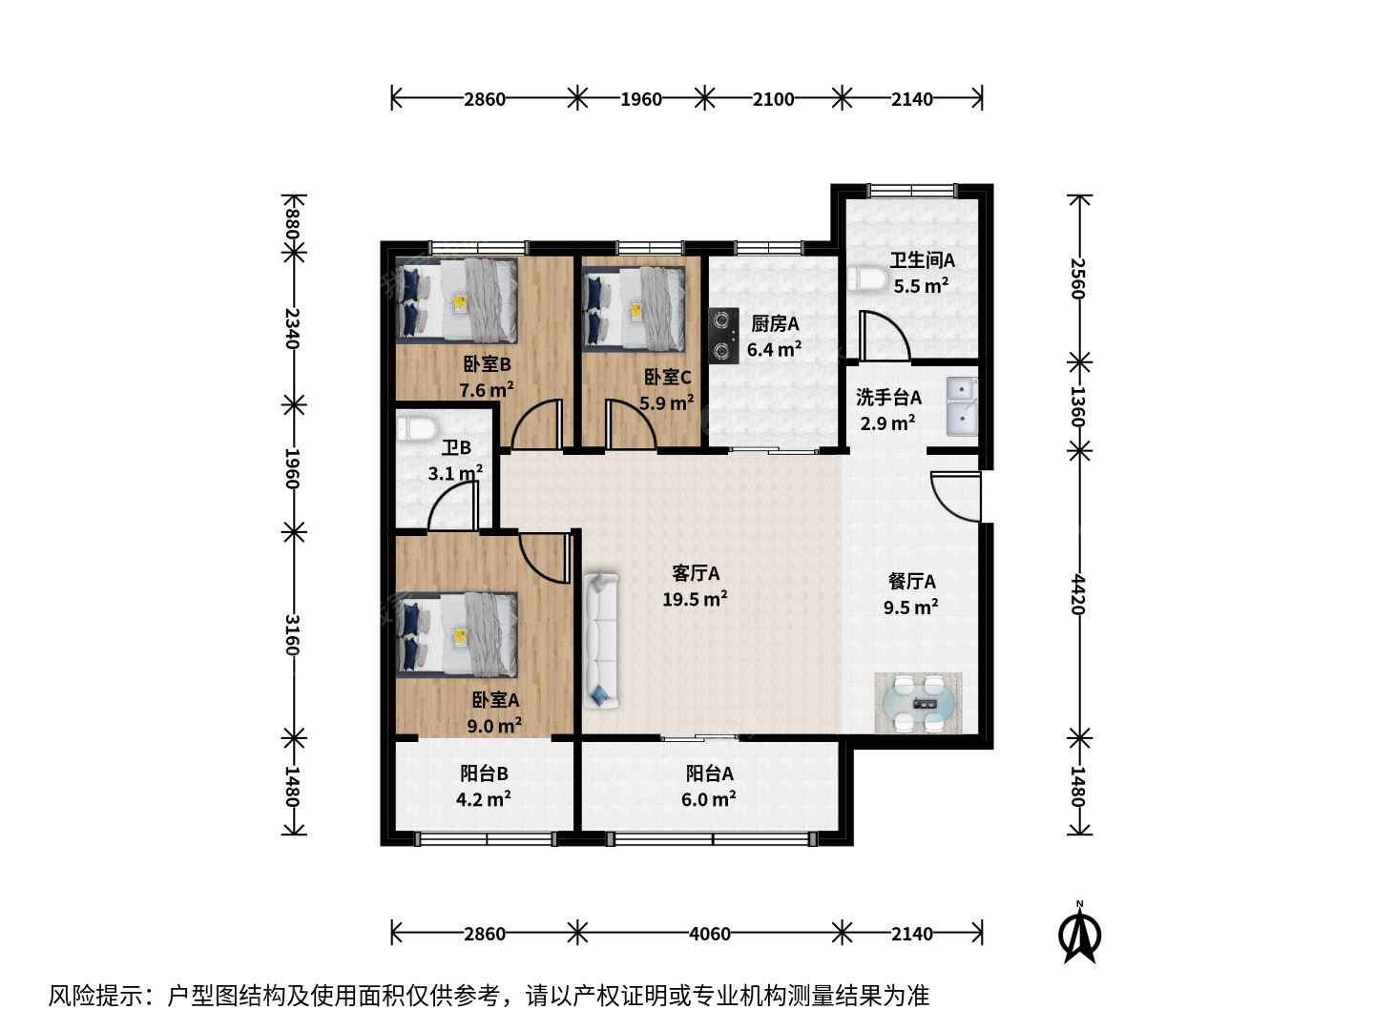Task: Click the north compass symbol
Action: (1079, 934)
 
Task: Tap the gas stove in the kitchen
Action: (723, 336)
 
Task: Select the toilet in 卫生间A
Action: (867, 278)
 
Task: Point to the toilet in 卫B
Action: (416, 428)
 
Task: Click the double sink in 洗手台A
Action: (962, 405)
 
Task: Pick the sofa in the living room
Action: (601, 640)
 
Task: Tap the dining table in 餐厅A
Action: (919, 702)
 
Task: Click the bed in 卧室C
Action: (634, 310)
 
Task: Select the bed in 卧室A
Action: (457, 635)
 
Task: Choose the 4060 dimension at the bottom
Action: (710, 934)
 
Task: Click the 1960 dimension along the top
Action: (641, 99)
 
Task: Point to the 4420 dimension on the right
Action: (1079, 594)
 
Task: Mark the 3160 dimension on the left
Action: (293, 635)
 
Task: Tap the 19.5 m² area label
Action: (695, 599)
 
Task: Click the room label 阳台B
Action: (484, 772)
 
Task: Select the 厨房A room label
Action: (775, 323)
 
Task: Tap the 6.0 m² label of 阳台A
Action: (709, 799)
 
